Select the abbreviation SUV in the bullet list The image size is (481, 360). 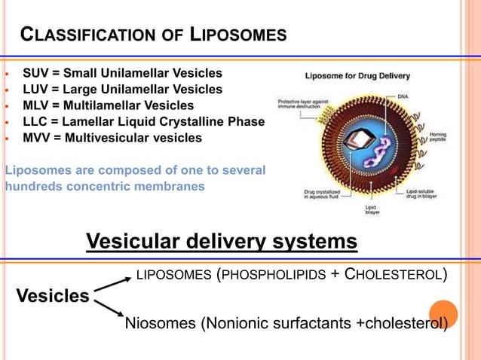tap(35, 73)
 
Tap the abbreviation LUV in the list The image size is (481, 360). tap(35, 90)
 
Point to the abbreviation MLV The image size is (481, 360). tap(35, 105)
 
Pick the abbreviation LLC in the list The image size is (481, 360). tap(35, 122)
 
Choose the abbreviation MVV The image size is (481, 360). tap(35, 138)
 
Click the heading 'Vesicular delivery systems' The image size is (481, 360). tap(221, 242)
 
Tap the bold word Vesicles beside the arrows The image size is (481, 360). tap(53, 296)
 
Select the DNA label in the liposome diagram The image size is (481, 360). tap(403, 96)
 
